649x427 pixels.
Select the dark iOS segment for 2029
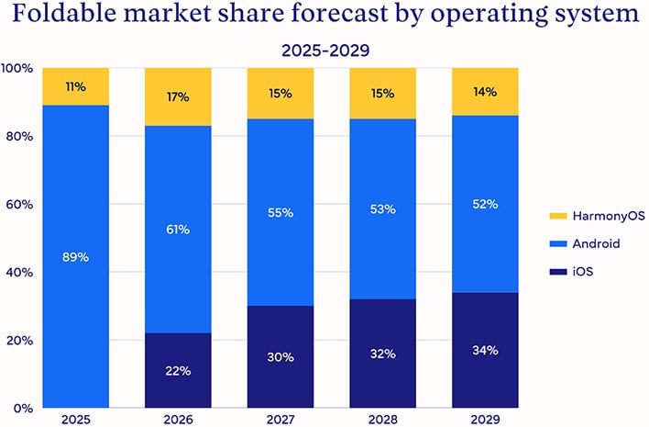coord(485,367)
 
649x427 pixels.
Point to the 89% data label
coord(76,257)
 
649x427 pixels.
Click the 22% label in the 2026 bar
coord(178,370)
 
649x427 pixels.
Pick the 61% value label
coord(178,229)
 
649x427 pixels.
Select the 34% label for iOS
coord(485,350)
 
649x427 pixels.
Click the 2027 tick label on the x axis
coord(280,419)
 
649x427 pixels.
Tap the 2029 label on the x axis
coord(485,419)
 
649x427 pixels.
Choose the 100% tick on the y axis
coord(17,68)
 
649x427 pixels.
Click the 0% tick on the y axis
coord(23,408)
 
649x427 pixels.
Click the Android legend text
coord(596,243)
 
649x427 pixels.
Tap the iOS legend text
coord(583,272)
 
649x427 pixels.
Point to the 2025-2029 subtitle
coord(324,50)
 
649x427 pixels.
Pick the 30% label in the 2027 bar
coord(280,356)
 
